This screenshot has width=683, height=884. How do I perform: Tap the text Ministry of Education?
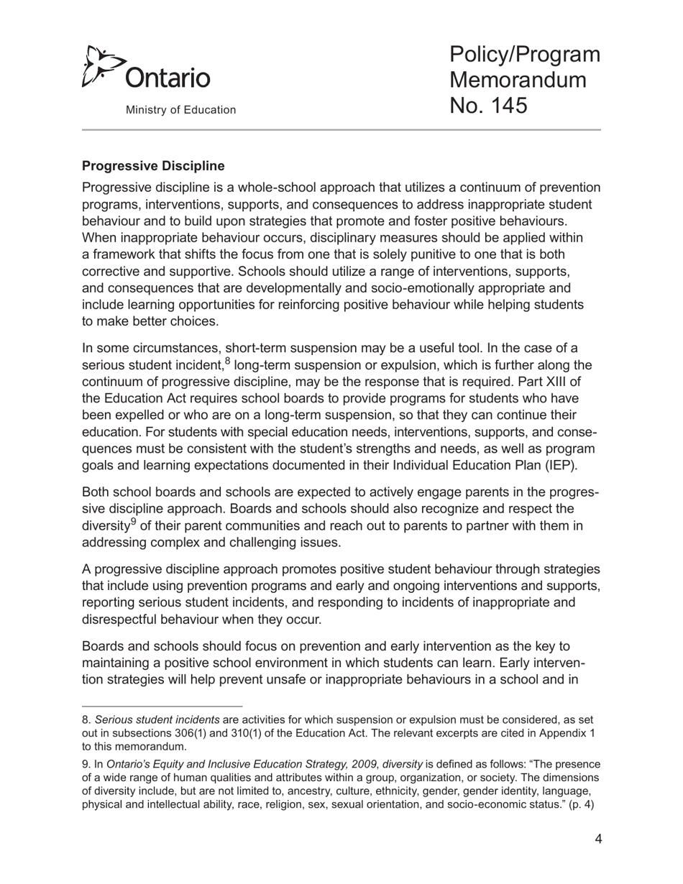tap(180, 110)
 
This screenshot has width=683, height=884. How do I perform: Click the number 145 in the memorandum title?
tap(506, 105)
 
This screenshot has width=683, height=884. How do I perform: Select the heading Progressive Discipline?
tap(153, 166)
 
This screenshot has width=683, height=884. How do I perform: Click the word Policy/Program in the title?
tap(525, 55)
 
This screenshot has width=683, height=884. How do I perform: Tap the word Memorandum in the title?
tap(518, 80)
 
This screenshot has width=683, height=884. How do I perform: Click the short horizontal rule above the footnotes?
tap(162, 706)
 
